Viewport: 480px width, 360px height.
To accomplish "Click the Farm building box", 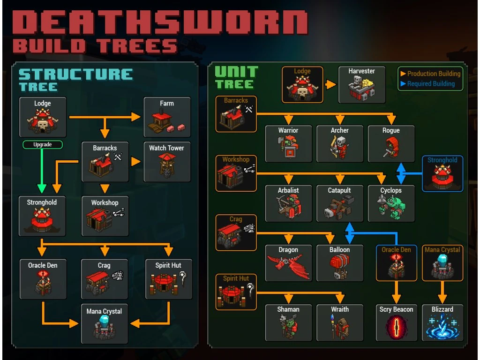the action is tap(167, 117).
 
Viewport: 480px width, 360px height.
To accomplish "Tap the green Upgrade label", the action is tap(42, 145).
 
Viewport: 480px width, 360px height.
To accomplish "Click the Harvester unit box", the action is tap(361, 84).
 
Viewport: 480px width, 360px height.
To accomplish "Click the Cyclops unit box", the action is tap(391, 203).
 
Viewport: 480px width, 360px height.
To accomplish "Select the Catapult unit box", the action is tap(339, 203).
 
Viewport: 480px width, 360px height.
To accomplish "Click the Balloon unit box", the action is tap(339, 262).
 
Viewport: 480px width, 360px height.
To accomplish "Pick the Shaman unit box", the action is tap(288, 322).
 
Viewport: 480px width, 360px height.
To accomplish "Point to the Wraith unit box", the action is tap(339, 322).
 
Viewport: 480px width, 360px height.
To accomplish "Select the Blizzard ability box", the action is tap(442, 322).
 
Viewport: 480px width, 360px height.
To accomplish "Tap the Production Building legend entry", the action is tap(430, 74).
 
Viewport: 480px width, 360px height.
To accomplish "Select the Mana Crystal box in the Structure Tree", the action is tap(104, 324).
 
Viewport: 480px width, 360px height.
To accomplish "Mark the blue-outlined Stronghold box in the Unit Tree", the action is tap(442, 173).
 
